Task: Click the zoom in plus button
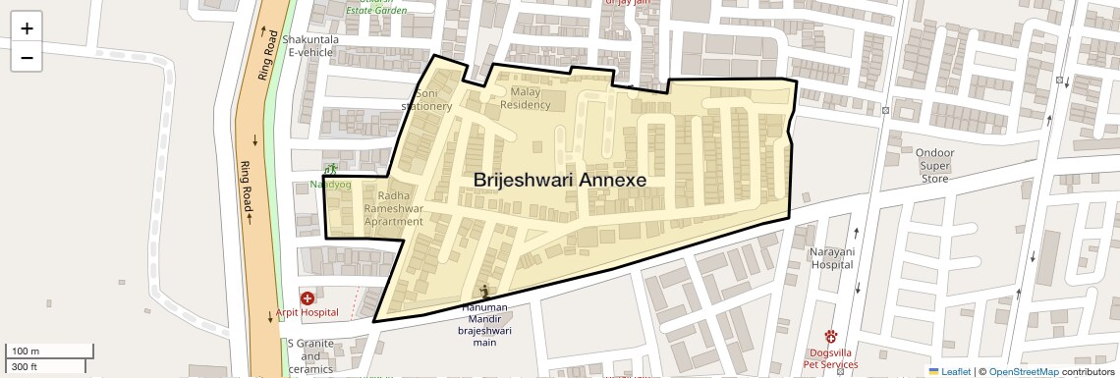(x=27, y=28)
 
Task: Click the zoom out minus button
(x=27, y=58)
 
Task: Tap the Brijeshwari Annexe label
(x=560, y=180)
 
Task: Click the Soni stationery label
(x=427, y=99)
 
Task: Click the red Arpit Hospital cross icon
(x=308, y=297)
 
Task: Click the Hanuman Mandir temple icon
(x=484, y=291)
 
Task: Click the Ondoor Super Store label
(x=934, y=166)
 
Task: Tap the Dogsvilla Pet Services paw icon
(x=830, y=336)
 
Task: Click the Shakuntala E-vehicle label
(x=310, y=45)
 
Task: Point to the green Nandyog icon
(x=331, y=169)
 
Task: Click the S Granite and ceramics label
(x=310, y=356)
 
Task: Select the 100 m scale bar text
(x=26, y=351)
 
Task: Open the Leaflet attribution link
(x=949, y=371)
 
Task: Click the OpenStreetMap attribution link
(x=1023, y=371)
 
